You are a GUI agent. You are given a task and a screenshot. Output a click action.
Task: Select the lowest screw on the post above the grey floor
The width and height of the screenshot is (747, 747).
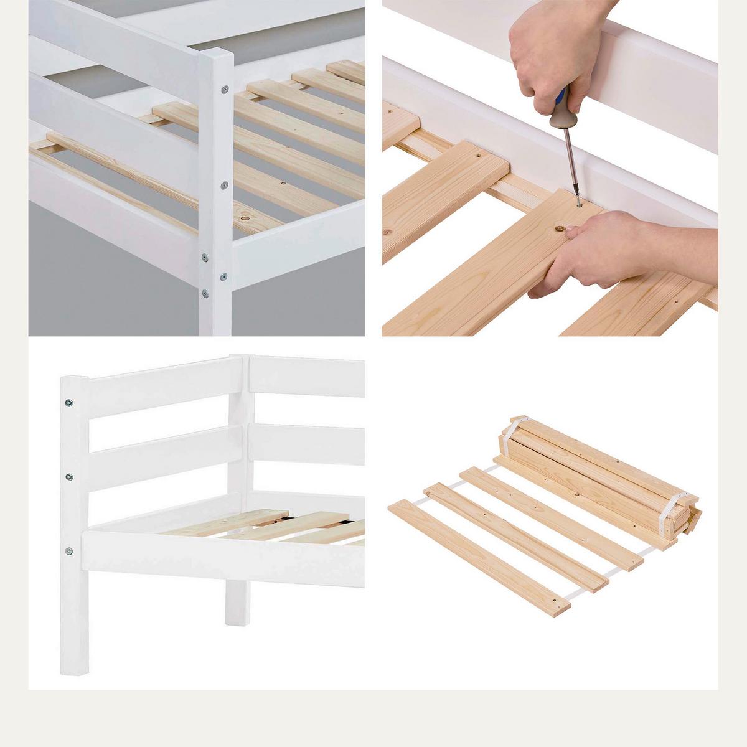[x=205, y=293]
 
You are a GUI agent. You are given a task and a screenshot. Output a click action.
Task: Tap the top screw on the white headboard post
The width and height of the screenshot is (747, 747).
[x=68, y=403]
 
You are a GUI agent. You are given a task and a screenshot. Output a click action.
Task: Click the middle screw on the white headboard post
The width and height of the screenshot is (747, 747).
[x=69, y=477]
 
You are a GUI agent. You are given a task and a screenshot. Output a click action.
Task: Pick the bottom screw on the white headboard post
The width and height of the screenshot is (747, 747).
[x=69, y=551]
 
